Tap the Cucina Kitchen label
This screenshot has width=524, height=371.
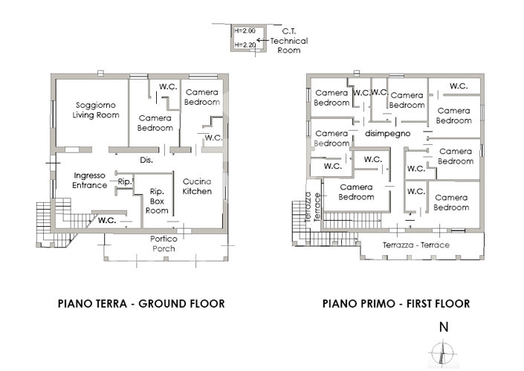point(197,187)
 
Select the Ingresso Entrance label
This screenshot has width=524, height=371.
point(89,180)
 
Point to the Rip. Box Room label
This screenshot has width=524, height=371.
point(157,200)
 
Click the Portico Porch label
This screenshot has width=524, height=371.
point(163,244)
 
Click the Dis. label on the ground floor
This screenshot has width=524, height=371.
point(146,160)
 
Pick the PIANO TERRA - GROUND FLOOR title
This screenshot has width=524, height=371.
point(140,303)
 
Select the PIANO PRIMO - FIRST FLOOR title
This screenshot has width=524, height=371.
point(395,303)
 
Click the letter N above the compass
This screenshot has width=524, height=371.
point(443,326)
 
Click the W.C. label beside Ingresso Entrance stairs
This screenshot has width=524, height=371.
point(106,220)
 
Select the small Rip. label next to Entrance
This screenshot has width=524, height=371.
point(124,181)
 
